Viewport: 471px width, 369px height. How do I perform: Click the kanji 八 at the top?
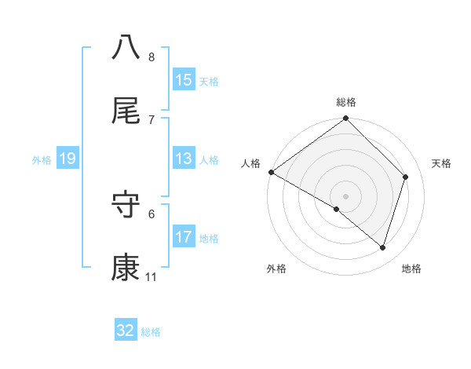tap(126, 47)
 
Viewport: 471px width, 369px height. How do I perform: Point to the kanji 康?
tap(126, 268)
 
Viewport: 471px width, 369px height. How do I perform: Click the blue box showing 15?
tap(183, 80)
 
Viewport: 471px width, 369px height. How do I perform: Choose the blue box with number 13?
tap(183, 159)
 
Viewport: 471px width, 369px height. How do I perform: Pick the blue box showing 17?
tap(183, 237)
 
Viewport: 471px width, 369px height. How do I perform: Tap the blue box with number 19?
tap(67, 159)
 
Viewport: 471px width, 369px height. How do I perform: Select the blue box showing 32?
tap(126, 331)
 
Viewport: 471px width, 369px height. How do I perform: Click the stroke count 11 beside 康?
tap(151, 277)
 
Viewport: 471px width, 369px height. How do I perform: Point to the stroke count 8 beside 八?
tap(151, 57)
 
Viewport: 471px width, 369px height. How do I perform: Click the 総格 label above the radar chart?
tap(346, 102)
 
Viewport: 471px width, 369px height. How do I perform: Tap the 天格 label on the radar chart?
tap(442, 163)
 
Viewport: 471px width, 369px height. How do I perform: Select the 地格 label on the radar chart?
tap(411, 269)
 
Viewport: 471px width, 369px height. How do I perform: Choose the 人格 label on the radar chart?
tap(250, 163)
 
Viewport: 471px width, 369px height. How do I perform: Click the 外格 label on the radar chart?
tap(276, 269)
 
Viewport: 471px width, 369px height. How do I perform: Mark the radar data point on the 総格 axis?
tap(346, 119)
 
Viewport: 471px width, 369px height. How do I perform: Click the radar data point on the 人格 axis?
tap(271, 172)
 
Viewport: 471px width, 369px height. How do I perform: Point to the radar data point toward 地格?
tap(383, 247)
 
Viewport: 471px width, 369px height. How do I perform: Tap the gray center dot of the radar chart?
tap(346, 195)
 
